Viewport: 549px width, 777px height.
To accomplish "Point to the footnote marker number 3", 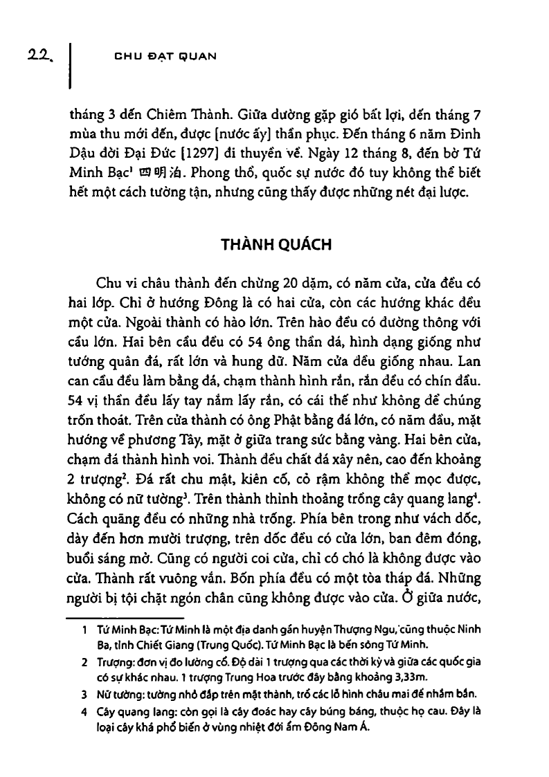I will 83,693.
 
